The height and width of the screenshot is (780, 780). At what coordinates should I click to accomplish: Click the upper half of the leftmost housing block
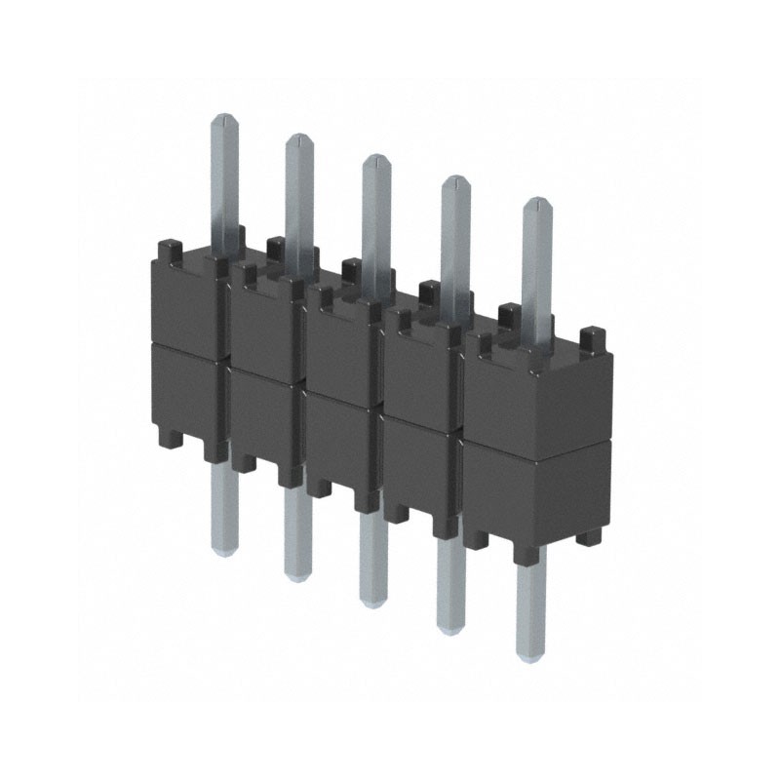click(x=185, y=302)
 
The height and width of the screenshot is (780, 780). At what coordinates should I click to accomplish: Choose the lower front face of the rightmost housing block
click(x=536, y=492)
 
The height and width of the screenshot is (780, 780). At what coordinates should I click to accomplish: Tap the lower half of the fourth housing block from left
click(x=419, y=458)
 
